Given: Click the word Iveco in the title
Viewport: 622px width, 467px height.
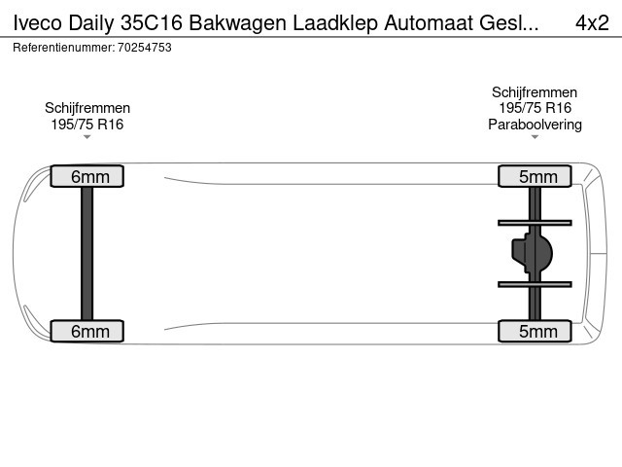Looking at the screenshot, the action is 38,22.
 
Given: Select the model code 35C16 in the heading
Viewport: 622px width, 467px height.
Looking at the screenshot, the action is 152,22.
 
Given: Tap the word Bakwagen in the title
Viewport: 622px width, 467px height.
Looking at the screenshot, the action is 237,24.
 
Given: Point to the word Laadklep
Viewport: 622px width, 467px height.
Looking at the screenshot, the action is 335,24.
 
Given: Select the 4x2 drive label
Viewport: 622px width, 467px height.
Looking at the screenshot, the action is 592,22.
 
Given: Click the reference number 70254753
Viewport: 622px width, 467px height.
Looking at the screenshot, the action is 145,48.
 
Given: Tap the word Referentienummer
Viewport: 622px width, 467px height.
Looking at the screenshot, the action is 64,48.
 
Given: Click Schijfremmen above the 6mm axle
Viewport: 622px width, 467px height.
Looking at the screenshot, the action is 87,108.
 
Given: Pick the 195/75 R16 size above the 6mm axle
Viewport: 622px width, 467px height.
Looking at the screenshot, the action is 87,125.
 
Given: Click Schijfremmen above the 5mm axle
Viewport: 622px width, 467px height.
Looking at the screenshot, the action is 535,92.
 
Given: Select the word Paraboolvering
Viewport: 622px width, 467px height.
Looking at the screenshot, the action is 535,125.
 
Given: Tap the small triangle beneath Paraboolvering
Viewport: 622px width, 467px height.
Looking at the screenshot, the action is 535,137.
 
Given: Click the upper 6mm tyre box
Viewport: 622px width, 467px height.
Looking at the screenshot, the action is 87,176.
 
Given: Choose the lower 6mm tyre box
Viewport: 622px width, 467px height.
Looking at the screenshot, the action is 87,331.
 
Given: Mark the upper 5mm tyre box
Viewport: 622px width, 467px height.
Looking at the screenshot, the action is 535,176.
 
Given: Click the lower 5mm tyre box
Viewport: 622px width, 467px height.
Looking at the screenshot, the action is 535,331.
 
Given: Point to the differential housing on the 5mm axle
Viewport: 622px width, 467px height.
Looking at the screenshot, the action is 532,253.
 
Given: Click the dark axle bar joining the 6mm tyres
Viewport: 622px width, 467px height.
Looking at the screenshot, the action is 86,253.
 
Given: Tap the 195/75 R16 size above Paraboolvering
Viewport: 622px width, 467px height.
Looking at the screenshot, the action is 535,108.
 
